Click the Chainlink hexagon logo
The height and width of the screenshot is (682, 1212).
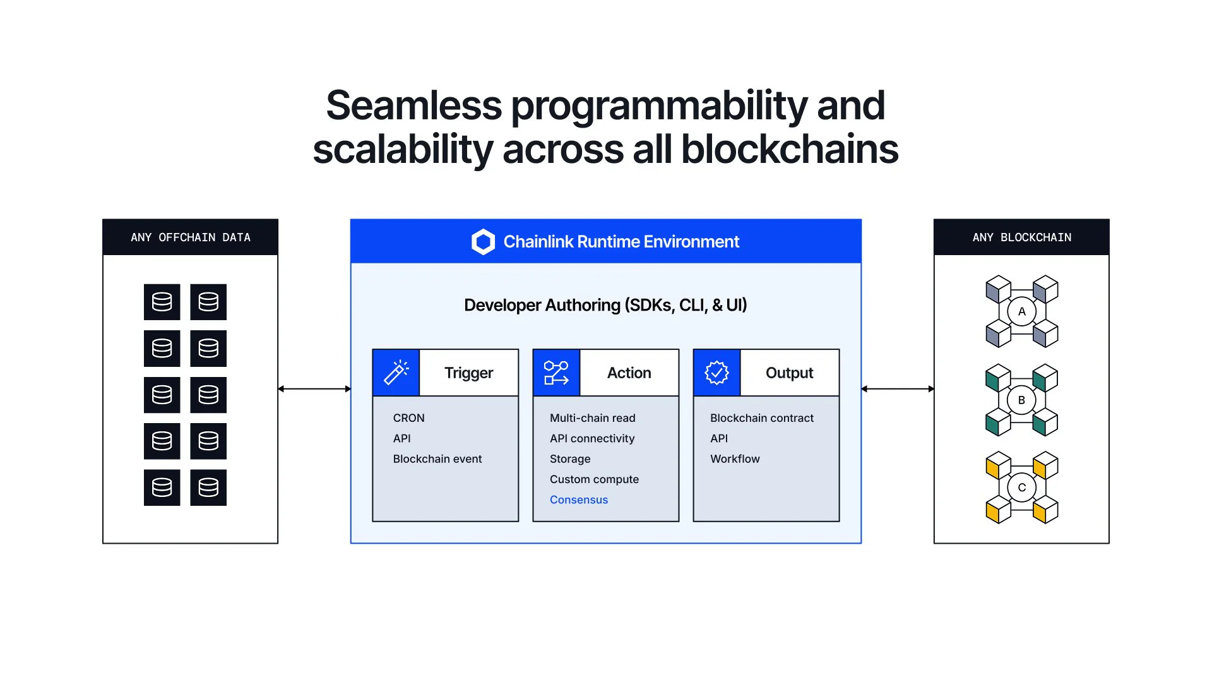pos(483,242)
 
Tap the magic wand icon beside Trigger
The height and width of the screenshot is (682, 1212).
pos(396,373)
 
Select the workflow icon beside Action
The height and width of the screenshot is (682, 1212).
pos(556,373)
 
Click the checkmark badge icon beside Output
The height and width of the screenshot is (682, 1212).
pos(716,373)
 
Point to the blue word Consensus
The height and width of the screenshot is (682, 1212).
pos(578,500)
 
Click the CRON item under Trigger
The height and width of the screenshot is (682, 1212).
pos(408,418)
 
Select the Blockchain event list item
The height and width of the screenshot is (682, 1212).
pos(437,459)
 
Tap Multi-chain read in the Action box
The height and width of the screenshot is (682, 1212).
pos(592,418)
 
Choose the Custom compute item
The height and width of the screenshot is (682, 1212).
pos(594,479)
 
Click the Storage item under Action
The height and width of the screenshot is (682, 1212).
pos(570,459)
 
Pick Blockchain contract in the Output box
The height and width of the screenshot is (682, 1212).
pos(761,418)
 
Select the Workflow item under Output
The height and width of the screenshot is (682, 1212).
pos(735,459)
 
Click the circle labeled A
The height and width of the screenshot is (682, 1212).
pos(1021,311)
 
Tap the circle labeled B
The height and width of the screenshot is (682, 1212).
pos(1021,400)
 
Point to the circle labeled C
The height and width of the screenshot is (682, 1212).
pos(1021,488)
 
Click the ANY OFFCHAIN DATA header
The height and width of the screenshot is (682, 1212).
pos(190,237)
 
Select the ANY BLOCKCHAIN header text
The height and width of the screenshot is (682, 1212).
pos(1021,237)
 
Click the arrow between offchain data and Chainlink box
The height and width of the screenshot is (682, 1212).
pos(314,389)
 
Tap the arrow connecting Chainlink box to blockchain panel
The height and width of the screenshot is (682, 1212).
pos(897,389)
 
